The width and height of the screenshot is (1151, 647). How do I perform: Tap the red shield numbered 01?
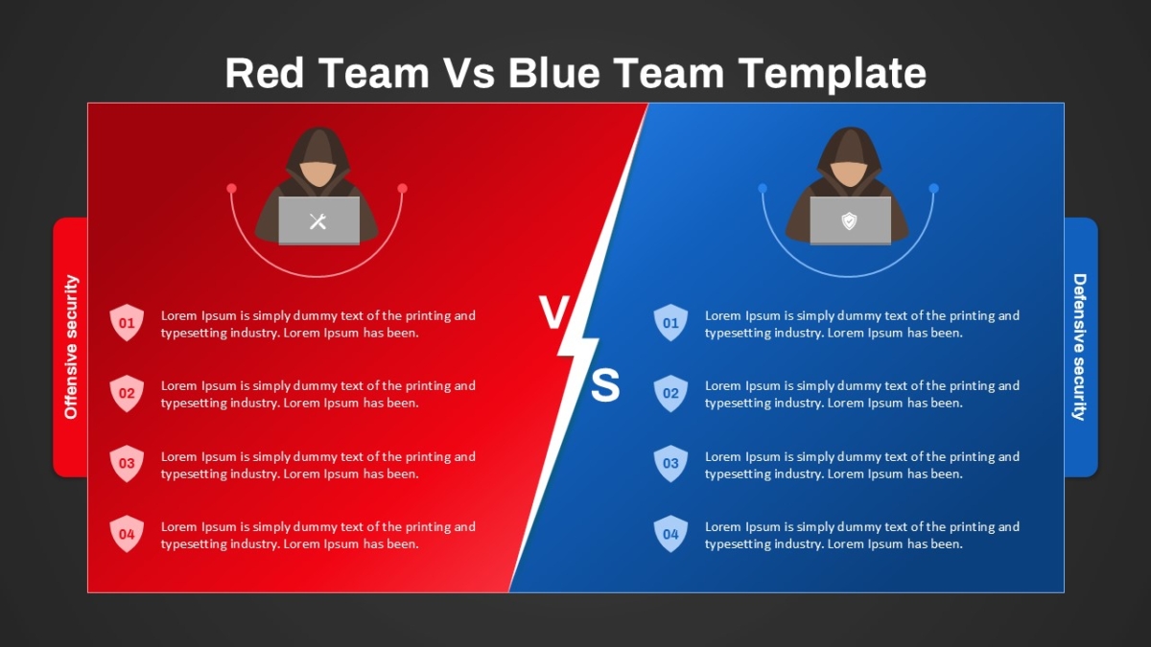coord(127,322)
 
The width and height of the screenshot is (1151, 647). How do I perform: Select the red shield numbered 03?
coord(127,463)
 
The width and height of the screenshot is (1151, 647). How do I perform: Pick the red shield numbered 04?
coord(127,534)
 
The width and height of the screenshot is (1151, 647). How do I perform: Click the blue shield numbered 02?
coord(670,393)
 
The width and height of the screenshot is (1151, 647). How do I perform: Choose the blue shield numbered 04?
coord(670,534)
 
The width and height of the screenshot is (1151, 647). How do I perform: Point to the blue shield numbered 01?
coord(670,322)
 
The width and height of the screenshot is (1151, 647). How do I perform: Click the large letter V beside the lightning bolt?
coord(554,312)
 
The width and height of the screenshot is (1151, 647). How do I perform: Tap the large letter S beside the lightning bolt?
coord(605,385)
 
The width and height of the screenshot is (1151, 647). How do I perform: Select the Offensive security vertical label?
coord(70,347)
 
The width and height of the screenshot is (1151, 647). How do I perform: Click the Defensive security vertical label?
coord(1080,347)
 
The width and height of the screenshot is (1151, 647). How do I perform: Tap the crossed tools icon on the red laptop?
coord(318,221)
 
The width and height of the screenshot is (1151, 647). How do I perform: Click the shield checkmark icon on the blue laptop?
coord(850,221)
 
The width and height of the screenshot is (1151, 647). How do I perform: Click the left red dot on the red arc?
coord(232,189)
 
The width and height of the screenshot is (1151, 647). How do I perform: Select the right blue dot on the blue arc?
coord(934,189)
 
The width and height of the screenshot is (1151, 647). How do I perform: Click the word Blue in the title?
coord(554,73)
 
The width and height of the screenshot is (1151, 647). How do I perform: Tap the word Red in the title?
coord(264,73)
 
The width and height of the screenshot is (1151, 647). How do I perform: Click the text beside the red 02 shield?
coord(318,394)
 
